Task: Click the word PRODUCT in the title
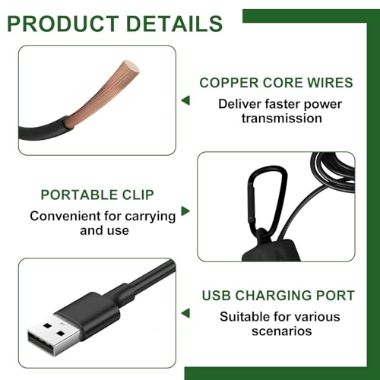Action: (x=63, y=24)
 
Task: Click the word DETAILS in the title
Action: (x=174, y=24)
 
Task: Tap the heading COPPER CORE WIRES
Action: (x=276, y=83)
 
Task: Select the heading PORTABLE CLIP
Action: (x=97, y=195)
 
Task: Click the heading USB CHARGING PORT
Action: (x=278, y=296)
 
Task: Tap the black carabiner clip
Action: (x=266, y=200)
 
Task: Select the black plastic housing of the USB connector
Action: (x=89, y=314)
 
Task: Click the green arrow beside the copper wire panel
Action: (x=185, y=100)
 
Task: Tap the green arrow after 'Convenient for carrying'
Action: (x=185, y=211)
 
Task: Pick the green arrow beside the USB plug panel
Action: (x=185, y=313)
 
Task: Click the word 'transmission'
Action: (x=282, y=119)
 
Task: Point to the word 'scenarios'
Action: (x=282, y=331)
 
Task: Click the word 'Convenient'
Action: (x=65, y=216)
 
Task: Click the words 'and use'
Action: (x=104, y=230)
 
